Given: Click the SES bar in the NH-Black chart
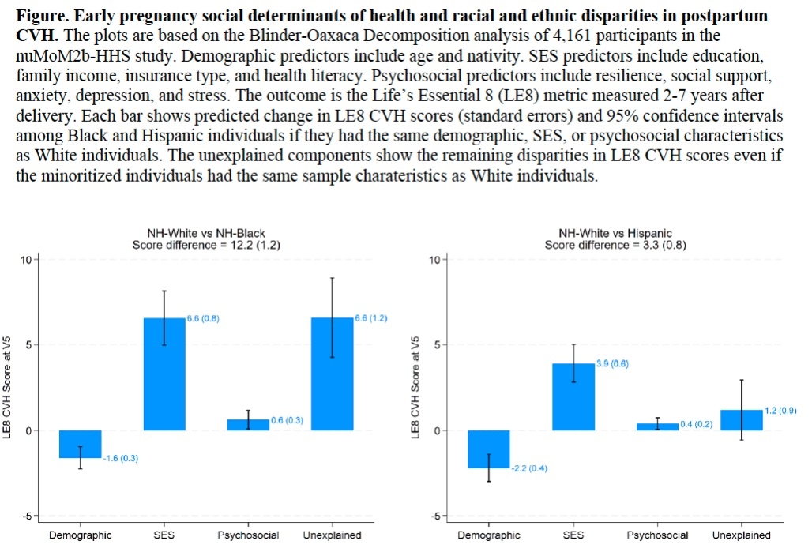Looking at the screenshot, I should click(x=164, y=374).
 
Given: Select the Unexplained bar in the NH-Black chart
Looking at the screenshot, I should click(x=332, y=374).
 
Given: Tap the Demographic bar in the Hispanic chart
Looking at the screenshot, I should click(x=488, y=449).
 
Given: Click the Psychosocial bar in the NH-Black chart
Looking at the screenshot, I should click(x=248, y=425).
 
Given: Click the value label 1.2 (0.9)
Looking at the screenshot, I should click(x=781, y=410).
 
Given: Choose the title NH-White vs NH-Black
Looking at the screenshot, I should click(x=206, y=234).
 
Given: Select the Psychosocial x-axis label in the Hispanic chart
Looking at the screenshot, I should click(x=657, y=535).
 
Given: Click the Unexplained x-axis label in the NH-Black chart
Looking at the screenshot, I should click(x=332, y=535).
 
